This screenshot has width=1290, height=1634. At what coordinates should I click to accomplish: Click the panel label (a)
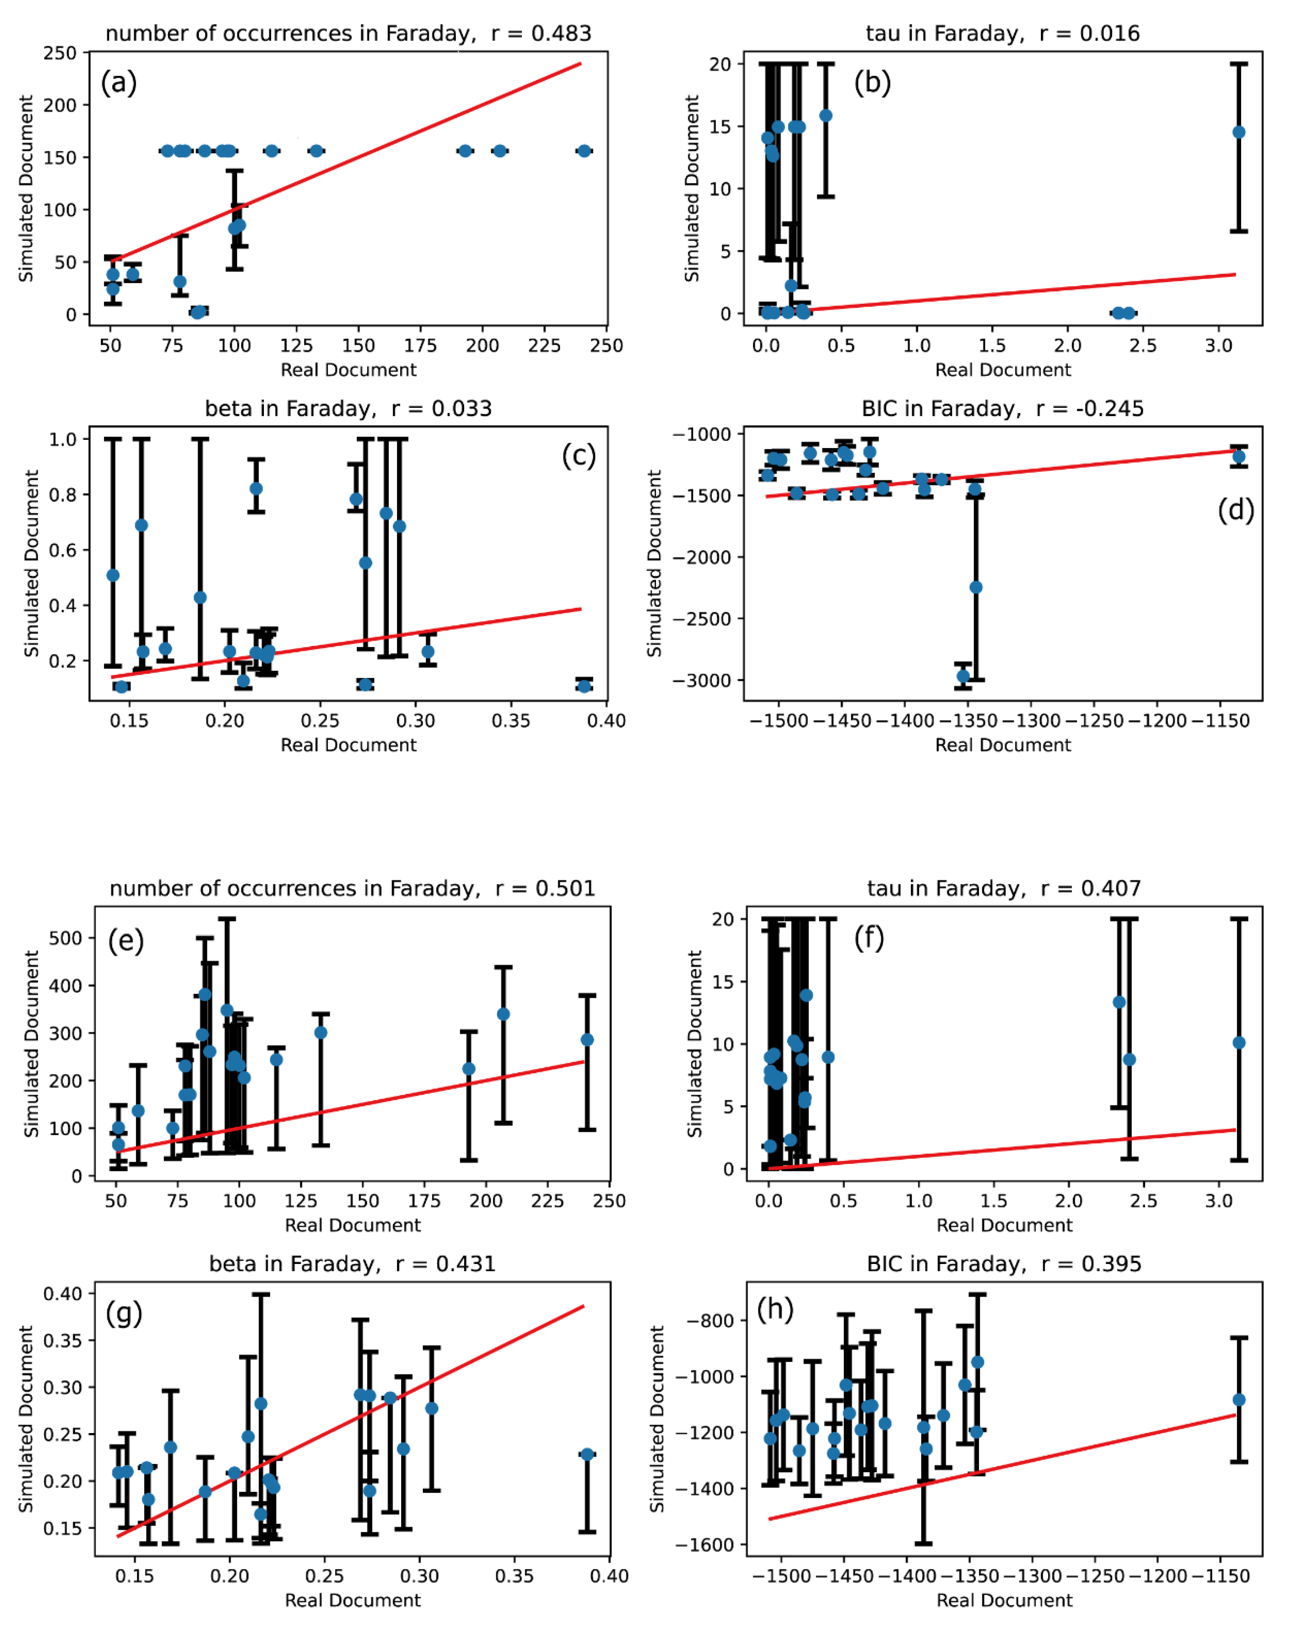point(119,82)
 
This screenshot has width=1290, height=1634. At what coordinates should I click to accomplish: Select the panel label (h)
point(775,1309)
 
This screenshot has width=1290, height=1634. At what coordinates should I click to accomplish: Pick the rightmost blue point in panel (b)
point(1239,132)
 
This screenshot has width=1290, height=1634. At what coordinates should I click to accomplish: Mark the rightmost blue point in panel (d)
point(1239,456)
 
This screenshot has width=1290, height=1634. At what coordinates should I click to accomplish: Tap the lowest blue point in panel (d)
point(963,676)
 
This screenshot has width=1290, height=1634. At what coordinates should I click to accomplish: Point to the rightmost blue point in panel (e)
point(587,1040)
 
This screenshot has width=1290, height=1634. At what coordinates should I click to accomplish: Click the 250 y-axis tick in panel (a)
point(60,53)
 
